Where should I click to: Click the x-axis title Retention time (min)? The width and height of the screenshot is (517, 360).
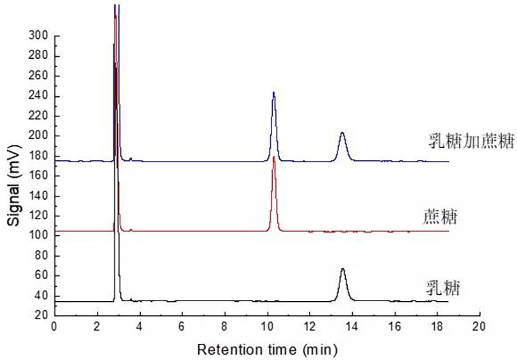pos(267,350)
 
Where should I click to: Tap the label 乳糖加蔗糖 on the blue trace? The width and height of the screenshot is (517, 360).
pos(472,142)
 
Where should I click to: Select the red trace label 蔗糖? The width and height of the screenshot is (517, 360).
pos(445,215)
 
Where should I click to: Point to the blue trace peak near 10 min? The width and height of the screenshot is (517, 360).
pos(274,94)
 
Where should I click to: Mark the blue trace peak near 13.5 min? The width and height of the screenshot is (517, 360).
pos(342,134)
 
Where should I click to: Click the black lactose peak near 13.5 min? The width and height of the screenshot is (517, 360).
pos(343,270)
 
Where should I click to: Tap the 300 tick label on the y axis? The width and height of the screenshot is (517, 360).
pos(39,36)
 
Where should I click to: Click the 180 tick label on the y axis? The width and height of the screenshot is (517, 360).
pos(39,156)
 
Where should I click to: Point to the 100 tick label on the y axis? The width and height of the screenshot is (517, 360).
pos(39,236)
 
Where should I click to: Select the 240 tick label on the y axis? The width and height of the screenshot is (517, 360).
pos(39,96)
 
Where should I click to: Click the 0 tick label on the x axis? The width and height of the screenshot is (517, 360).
pos(54,328)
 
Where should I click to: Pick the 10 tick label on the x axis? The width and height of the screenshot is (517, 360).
pos(267,328)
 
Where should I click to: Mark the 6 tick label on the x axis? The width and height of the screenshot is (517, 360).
pos(182,328)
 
